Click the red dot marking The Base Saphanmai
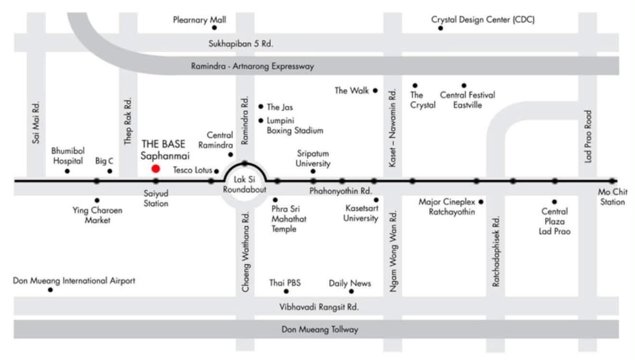pos(156,169)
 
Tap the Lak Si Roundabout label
pos(244,184)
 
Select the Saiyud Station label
pos(156,199)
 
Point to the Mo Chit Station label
pos(612,197)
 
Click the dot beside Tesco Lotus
pos(216,172)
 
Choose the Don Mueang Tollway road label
pos(320,329)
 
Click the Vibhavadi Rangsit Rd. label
pos(319,307)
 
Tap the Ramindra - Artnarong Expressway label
pos(252,66)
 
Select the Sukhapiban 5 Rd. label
pos(241,44)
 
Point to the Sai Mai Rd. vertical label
pos(36,122)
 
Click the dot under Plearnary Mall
pos(214,28)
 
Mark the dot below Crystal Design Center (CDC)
pos(440,29)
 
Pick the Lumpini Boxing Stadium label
pos(295,125)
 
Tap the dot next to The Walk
pos(375,91)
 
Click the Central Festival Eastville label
pos(467,100)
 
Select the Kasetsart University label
pos(360,213)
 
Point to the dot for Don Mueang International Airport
pos(50,290)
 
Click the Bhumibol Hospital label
pos(68,156)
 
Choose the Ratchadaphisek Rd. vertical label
pos(495,251)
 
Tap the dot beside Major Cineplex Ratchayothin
pos(481,202)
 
